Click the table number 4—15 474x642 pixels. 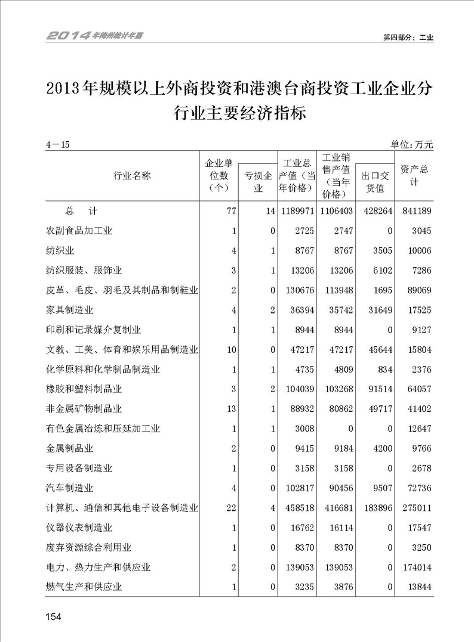[x=58, y=144]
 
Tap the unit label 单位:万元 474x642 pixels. [x=411, y=144]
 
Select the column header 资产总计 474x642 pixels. [x=414, y=175]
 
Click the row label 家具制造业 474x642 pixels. [x=70, y=310]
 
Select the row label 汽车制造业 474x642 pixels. [x=70, y=488]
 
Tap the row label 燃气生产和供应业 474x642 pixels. [x=84, y=587]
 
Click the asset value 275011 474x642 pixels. [x=414, y=508]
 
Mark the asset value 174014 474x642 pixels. [x=414, y=567]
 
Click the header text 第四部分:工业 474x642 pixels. [x=408, y=37]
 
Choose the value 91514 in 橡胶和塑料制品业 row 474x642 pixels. [x=377, y=389]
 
